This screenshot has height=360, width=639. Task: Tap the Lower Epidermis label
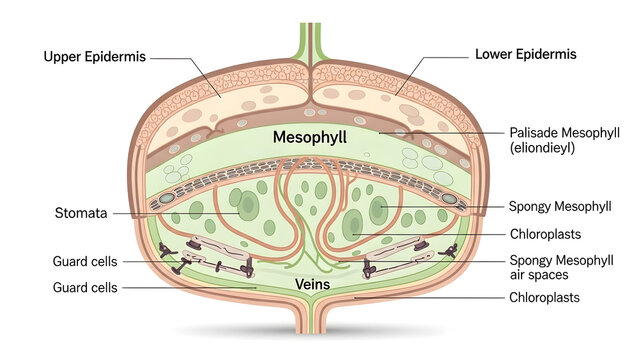[x=526, y=53]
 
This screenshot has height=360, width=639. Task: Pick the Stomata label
[x=78, y=213]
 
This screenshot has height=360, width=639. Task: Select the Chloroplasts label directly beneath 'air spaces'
[x=545, y=297]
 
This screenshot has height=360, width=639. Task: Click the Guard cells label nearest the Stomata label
[x=85, y=262]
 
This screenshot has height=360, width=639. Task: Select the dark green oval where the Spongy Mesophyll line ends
[x=379, y=209]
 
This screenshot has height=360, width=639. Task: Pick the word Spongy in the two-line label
[x=531, y=260]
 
